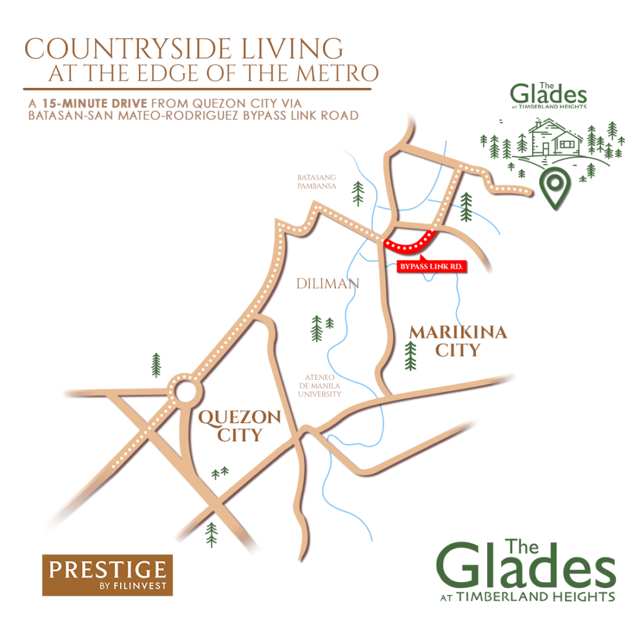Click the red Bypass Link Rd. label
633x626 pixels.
tap(431, 266)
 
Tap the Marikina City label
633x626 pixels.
tap(458, 341)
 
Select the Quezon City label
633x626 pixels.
tap(240, 426)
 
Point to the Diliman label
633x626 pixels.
tap(327, 283)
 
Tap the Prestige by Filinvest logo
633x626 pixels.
tap(107, 574)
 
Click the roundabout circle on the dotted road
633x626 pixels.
tap(185, 391)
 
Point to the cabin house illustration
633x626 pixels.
tap(552, 139)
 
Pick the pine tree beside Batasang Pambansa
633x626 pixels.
tap(358, 193)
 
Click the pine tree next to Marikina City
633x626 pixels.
tap(410, 356)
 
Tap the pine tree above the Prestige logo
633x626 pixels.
tap(211, 534)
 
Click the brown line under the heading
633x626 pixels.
tap(197, 89)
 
